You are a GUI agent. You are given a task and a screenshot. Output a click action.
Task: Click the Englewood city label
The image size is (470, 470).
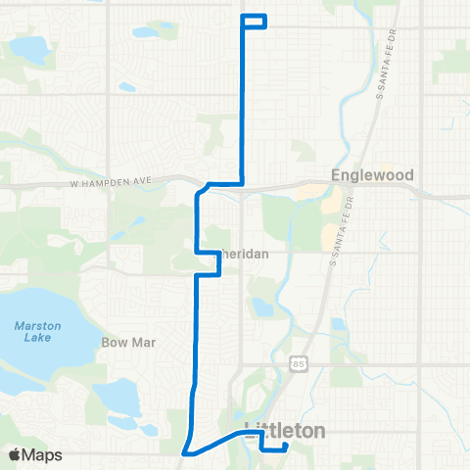(371, 175)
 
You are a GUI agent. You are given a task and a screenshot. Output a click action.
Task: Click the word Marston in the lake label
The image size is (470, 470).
(36, 326)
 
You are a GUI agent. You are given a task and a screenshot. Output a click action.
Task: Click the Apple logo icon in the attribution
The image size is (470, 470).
(15, 454)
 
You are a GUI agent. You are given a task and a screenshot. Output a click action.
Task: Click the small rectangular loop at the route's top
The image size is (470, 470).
(254, 21)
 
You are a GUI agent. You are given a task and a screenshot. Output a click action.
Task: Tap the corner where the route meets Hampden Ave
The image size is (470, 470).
(242, 182)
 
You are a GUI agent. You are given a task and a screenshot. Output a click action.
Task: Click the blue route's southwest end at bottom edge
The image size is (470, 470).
(184, 452)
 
